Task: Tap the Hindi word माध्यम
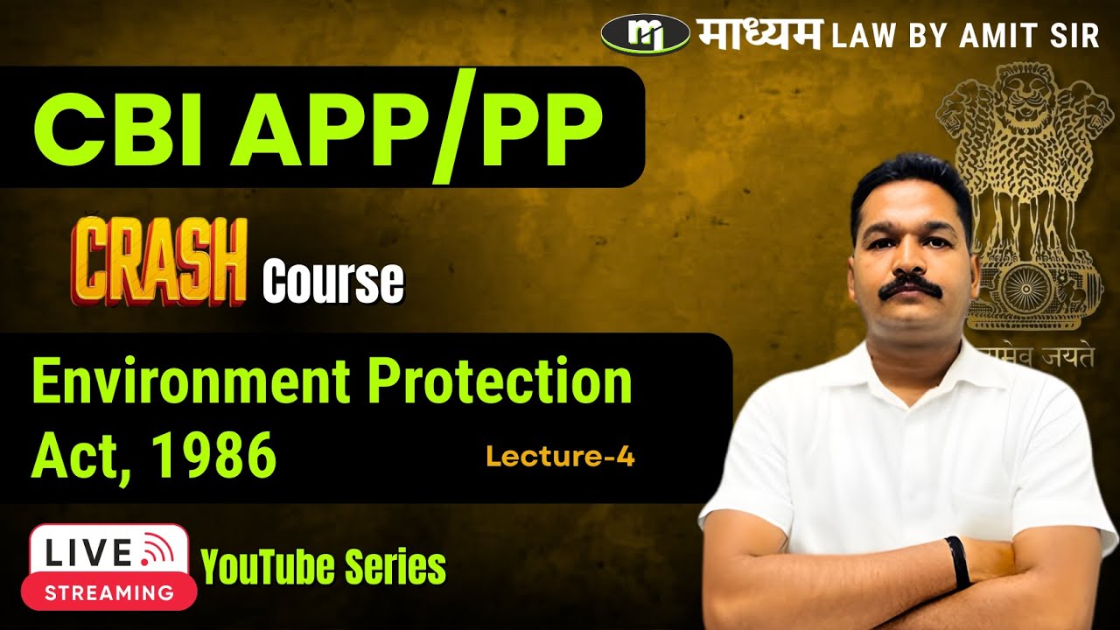[759, 34]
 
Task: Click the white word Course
[333, 282]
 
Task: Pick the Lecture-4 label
[560, 456]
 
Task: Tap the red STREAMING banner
[108, 591]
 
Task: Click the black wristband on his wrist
[958, 562]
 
